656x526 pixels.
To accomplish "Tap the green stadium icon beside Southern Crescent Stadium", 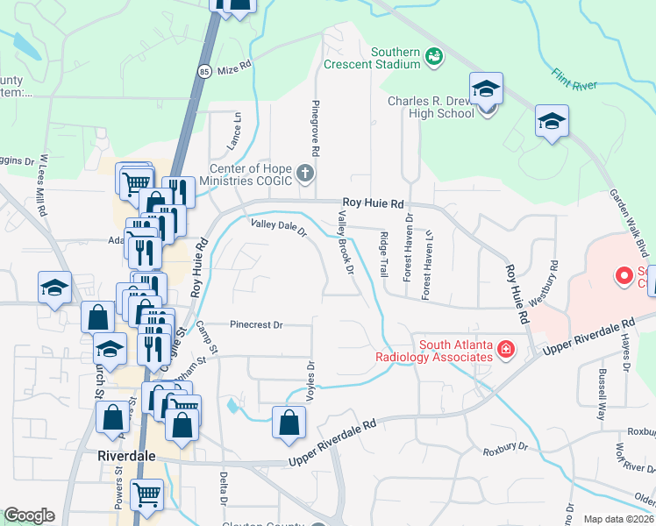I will (433, 58).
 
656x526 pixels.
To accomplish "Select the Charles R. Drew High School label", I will (431, 106).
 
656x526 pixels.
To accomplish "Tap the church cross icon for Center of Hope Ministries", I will (305, 174).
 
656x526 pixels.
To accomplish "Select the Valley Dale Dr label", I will (278, 229).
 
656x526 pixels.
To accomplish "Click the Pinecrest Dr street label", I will (256, 324).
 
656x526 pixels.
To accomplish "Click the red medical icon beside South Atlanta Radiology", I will (505, 351).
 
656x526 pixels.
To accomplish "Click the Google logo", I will (29, 515).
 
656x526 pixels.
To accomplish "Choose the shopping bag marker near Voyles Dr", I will (289, 423).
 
